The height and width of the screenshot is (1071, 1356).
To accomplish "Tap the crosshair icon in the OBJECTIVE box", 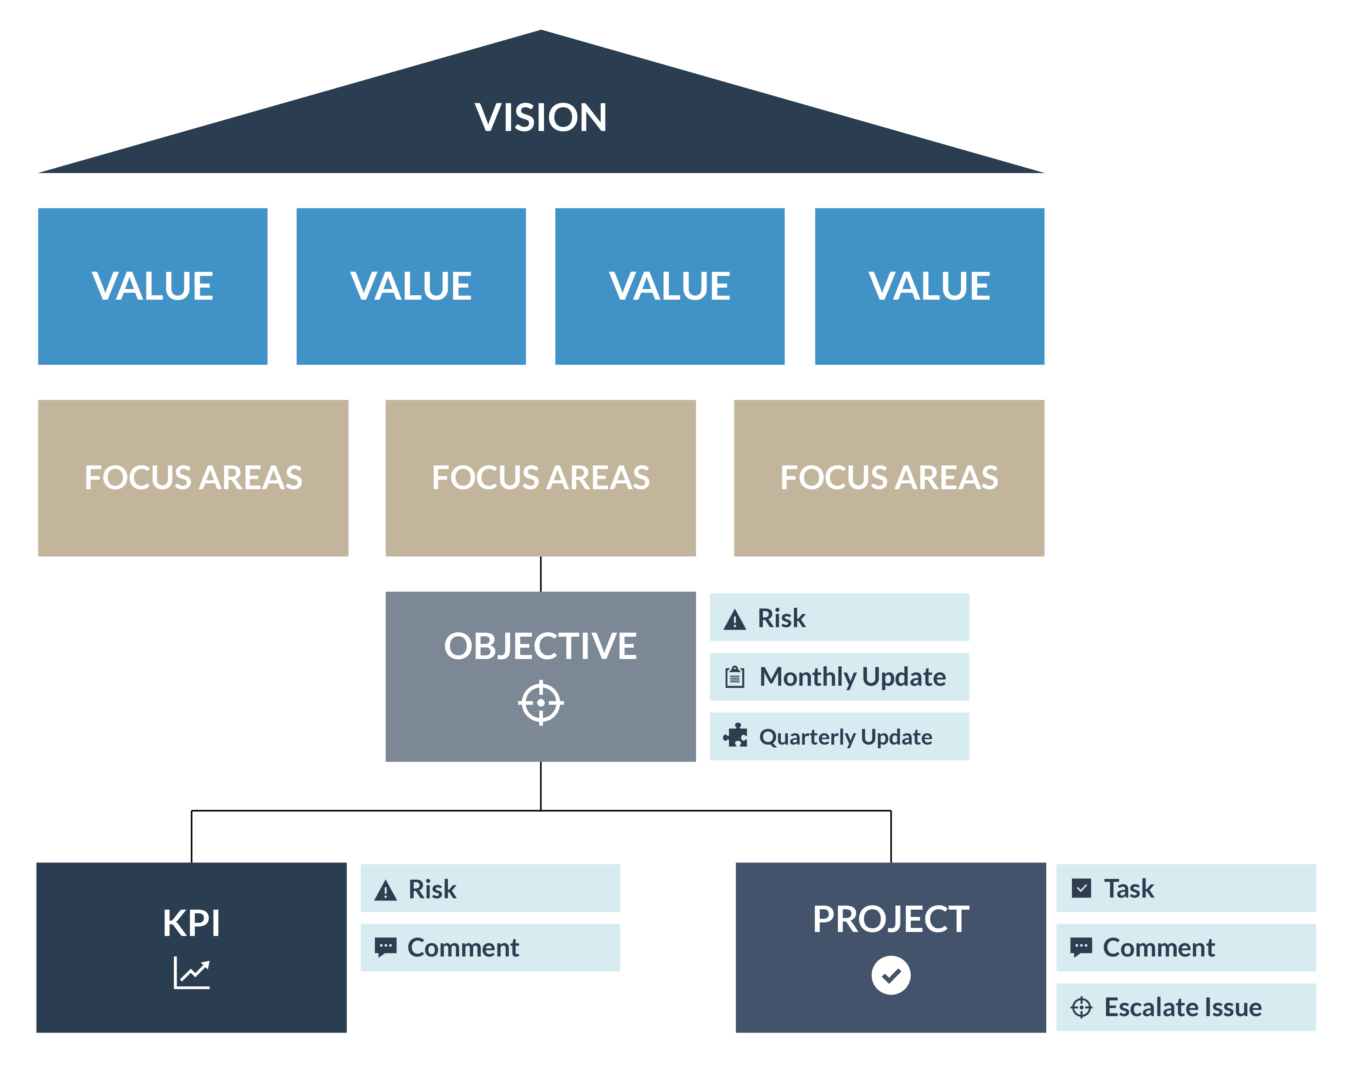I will (x=541, y=702).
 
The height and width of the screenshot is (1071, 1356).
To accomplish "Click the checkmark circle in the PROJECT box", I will (x=891, y=975).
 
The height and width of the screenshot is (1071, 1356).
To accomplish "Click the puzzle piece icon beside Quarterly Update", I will (x=735, y=735).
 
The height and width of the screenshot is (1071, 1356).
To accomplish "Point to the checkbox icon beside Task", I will (x=1081, y=888).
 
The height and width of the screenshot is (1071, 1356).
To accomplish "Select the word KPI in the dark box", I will (x=191, y=923).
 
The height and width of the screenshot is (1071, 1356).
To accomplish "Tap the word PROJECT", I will (x=891, y=919).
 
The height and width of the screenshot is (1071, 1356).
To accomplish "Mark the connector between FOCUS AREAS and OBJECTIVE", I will (x=541, y=574).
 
